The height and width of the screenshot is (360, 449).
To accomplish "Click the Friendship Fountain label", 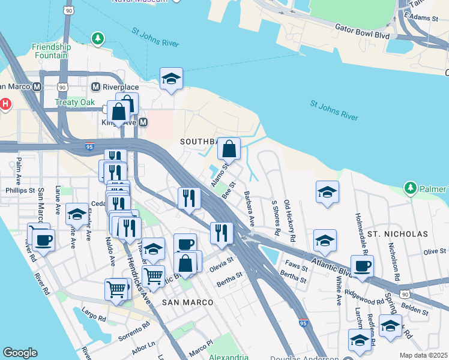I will tap(51, 52).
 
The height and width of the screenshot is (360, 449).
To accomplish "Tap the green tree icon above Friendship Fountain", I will tap(97, 39).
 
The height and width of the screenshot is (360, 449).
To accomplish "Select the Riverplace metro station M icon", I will tap(95, 87).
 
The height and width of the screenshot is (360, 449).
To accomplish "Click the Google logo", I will tap(20, 353).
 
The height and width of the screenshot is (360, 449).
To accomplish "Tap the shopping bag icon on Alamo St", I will tap(229, 148).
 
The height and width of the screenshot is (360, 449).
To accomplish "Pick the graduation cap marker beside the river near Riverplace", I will tap(171, 78).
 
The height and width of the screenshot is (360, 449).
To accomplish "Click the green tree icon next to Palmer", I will tap(411, 188).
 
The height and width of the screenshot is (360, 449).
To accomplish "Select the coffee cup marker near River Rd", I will tap(43, 241).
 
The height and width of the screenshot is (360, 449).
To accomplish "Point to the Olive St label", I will tap(435, 252).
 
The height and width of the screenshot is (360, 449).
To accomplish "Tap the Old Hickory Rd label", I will tap(289, 221).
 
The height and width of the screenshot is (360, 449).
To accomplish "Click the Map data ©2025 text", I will tap(423, 355).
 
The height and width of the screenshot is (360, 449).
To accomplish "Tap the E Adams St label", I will tap(421, 18).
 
